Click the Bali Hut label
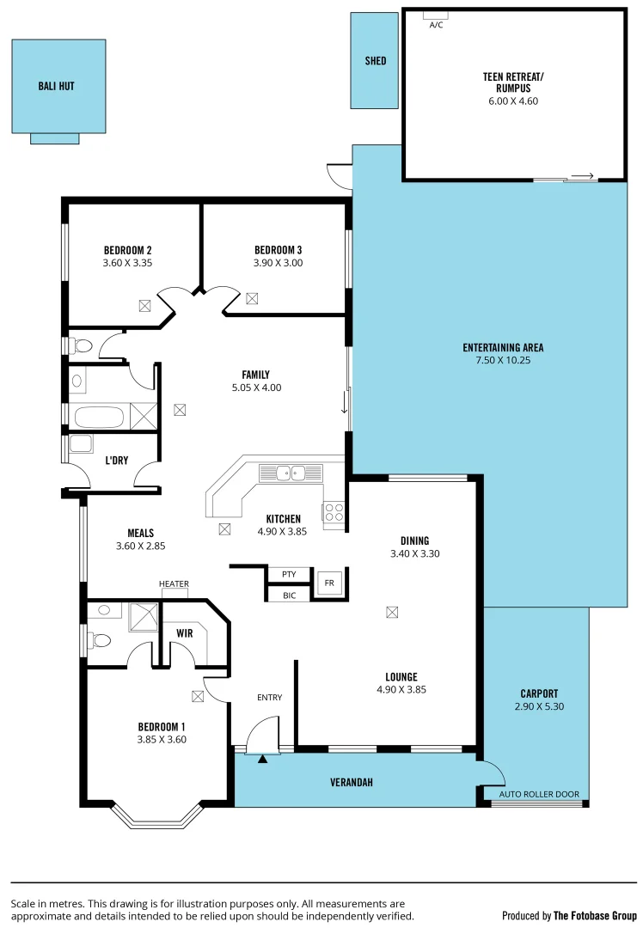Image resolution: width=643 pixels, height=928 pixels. click(x=56, y=86)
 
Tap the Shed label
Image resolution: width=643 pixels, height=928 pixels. click(x=375, y=61)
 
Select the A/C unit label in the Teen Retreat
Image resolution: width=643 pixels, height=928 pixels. click(x=435, y=25)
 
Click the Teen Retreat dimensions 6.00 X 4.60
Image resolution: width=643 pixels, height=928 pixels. click(x=513, y=101)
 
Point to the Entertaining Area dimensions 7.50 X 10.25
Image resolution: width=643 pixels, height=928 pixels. click(x=503, y=361)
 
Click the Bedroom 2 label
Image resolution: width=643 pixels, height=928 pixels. click(x=127, y=251)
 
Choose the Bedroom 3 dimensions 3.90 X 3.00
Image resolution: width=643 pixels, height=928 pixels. click(x=278, y=263)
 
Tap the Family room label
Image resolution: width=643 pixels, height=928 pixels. click(x=255, y=375)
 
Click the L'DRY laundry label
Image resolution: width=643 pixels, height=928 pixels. click(x=116, y=461)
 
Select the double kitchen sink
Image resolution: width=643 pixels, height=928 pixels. click(x=290, y=472)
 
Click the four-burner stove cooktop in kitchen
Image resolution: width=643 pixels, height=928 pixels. click(x=333, y=512)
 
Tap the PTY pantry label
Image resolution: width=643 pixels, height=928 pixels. click(x=289, y=574)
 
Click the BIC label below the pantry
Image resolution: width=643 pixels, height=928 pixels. click(x=289, y=595)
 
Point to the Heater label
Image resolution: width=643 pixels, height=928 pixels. click(x=173, y=584)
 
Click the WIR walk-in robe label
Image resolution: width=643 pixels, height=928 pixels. click(x=184, y=632)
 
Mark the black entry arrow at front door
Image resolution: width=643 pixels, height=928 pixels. click(x=263, y=758)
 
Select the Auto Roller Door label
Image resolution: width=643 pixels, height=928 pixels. click(x=539, y=794)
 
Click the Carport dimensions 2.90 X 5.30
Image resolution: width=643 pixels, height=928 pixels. click(x=539, y=706)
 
